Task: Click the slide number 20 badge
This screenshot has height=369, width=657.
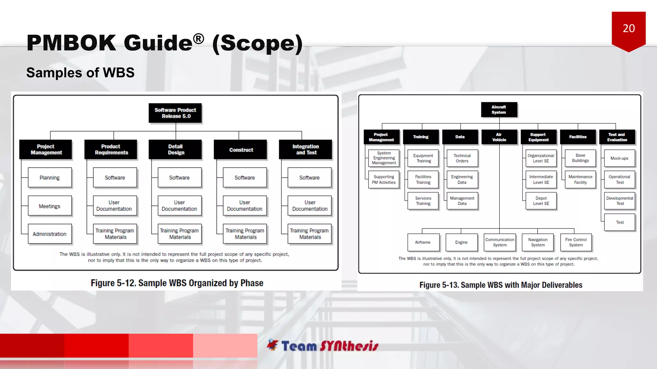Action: (628, 29)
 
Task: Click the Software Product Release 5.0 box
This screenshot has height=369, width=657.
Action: (175, 113)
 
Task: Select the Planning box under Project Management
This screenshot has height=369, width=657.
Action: (50, 177)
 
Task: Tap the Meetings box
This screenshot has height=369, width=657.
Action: (50, 206)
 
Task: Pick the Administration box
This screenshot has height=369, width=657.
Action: (50, 234)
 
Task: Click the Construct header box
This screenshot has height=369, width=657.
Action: (241, 150)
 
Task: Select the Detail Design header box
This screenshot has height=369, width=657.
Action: (175, 150)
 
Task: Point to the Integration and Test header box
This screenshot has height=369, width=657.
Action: (306, 150)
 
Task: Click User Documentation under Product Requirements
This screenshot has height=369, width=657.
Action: (115, 206)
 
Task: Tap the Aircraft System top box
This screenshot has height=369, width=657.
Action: (499, 110)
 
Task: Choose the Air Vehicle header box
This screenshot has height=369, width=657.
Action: (499, 137)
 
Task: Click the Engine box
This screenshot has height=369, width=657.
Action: (461, 242)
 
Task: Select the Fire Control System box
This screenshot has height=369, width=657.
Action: (576, 242)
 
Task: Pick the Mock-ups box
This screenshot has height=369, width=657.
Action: (619, 158)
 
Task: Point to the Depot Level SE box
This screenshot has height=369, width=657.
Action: (541, 201)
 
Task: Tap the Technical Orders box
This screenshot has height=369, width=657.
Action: (462, 158)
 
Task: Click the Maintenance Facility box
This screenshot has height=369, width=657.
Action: (580, 179)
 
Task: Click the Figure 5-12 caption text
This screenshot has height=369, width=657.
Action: (177, 283)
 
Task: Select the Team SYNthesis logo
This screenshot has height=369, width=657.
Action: (323, 346)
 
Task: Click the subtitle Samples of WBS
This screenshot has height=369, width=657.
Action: (80, 73)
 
